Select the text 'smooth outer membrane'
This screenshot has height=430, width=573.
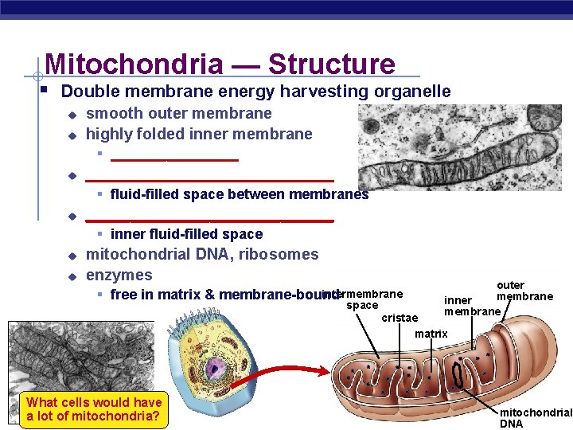pos(178,113)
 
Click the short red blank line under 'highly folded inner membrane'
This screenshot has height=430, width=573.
pos(174,159)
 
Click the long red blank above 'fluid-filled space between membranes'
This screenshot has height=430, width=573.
pos(209,180)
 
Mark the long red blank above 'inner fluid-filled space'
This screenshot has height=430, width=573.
pos(209,220)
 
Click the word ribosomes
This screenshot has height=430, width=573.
pos(279,255)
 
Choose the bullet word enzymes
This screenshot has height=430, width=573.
pos(119,276)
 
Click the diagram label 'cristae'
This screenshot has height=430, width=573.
pos(400,318)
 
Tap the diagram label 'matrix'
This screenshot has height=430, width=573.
pos(431,334)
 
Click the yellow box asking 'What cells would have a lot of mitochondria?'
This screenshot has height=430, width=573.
pos(94,409)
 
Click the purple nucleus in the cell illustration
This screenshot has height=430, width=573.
pos(215,369)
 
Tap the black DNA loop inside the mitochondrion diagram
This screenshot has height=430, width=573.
pos(459,373)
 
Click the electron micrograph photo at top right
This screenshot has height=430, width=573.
pos(459,147)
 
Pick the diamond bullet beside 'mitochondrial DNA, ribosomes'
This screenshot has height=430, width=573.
pos(71,256)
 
